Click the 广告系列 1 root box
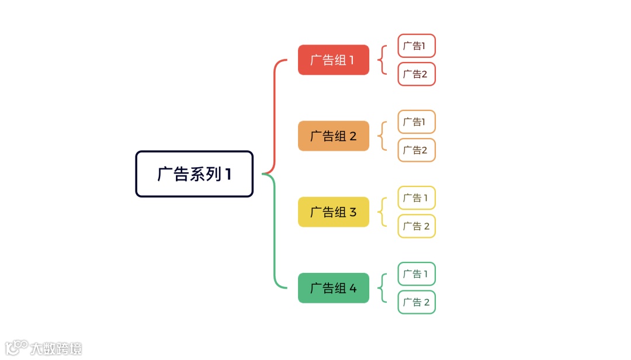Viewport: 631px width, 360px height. tap(195, 174)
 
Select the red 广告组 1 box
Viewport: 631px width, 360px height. tap(334, 60)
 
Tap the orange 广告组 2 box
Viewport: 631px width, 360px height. tap(334, 136)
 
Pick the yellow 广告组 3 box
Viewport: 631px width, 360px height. tap(334, 212)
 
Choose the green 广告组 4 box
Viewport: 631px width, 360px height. tap(334, 288)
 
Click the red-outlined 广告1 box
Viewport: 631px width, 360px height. tap(417, 46)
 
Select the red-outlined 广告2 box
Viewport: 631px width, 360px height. tap(417, 74)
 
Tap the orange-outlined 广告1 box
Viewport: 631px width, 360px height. tap(417, 122)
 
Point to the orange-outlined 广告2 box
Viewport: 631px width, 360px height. tap(417, 150)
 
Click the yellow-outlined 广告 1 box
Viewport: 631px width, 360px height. tap(417, 198)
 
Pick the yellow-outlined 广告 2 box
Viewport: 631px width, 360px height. tap(417, 226)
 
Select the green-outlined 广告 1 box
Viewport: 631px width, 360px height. tap(417, 274)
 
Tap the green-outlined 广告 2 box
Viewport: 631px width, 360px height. tap(417, 302)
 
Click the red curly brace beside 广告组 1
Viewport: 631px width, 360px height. tap(383, 60)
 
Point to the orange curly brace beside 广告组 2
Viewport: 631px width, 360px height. tap(383, 136)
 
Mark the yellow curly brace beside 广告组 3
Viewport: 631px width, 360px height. tap(383, 212)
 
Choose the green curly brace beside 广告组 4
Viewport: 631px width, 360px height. tap(383, 288)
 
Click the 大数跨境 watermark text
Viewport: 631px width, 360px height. tap(56, 348)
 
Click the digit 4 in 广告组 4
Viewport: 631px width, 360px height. tap(353, 288)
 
